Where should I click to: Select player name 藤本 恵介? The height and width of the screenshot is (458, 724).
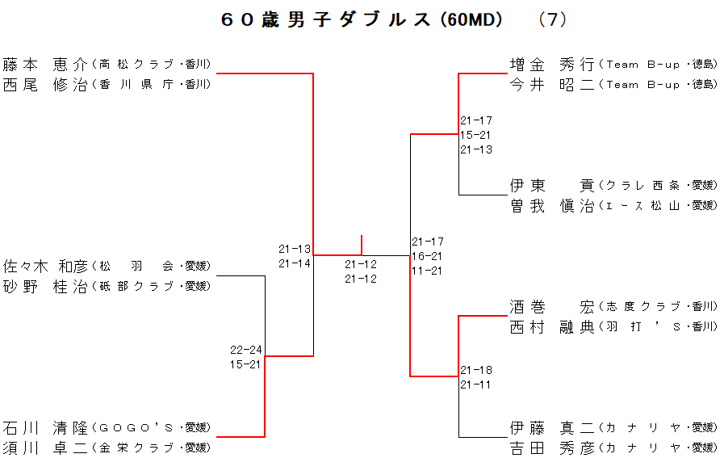point(44,64)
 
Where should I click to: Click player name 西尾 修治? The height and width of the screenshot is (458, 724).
point(44,84)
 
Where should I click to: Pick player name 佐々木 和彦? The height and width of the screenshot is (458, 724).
point(44,266)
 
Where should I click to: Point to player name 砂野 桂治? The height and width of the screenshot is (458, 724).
point(44,286)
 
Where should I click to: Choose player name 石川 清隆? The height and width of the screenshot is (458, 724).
point(44,427)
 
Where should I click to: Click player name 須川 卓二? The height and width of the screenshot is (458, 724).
point(44,447)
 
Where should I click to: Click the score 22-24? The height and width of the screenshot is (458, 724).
point(245,350)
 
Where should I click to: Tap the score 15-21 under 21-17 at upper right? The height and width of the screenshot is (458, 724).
point(476,135)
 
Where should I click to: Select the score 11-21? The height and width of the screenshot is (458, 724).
point(428,271)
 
